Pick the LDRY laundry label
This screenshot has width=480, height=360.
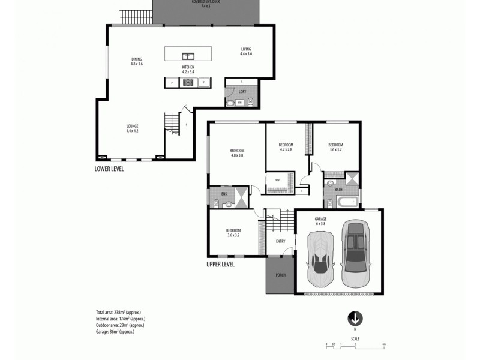click(x=242, y=92)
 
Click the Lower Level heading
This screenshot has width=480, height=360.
click(x=109, y=169)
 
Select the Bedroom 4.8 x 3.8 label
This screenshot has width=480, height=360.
click(x=237, y=152)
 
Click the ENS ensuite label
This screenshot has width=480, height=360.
click(x=224, y=194)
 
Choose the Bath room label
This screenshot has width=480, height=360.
click(x=338, y=190)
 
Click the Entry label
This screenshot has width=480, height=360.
click(x=280, y=241)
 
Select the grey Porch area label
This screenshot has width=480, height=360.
click(x=280, y=275)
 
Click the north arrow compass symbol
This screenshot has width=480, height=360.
click(x=355, y=317)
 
